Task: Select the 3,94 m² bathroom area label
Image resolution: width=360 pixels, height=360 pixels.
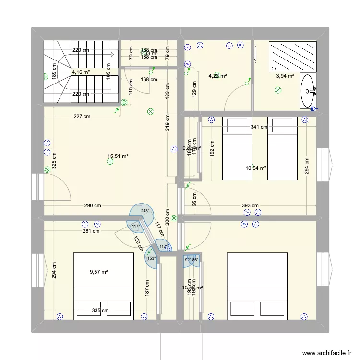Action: pyautogui.click(x=284, y=75)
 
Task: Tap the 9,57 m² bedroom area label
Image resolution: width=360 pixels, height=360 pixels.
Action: pyautogui.click(x=99, y=272)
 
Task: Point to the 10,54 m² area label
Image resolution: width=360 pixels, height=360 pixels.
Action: pyautogui.click(x=256, y=168)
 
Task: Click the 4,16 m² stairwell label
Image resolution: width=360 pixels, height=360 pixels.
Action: pyautogui.click(x=80, y=72)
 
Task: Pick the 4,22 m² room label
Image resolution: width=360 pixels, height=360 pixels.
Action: pyautogui.click(x=217, y=75)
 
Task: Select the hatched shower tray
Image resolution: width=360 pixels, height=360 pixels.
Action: pyautogui.click(x=293, y=56)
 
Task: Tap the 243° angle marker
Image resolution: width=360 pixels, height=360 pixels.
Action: pyautogui.click(x=145, y=211)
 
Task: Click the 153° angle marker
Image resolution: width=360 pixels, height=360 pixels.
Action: pyautogui.click(x=152, y=258)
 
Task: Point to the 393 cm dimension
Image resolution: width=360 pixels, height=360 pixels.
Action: pyautogui.click(x=250, y=206)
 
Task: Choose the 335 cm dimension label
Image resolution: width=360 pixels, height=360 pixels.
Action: pyautogui.click(x=100, y=311)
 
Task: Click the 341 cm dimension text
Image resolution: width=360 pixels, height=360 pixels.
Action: pyautogui.click(x=259, y=127)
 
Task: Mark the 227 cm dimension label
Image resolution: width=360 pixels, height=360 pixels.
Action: pyautogui.click(x=82, y=116)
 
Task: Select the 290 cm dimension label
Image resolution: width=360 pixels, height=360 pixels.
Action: pyautogui.click(x=92, y=206)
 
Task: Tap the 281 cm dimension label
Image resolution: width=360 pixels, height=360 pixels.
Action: pyautogui.click(x=91, y=231)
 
